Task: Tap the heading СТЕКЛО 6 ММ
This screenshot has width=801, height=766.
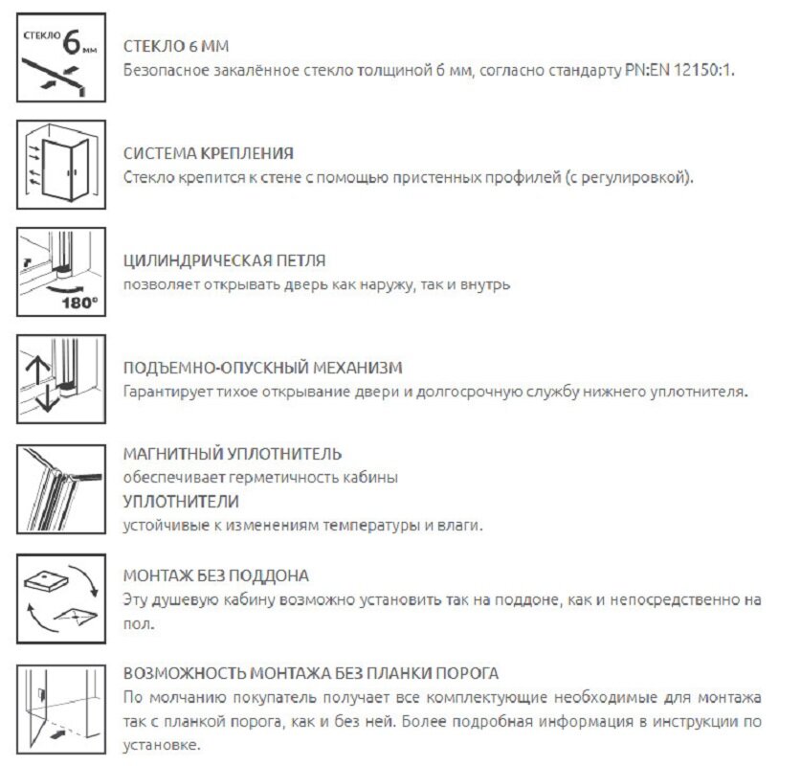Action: (177, 47)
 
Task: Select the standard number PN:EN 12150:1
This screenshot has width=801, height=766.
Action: (679, 71)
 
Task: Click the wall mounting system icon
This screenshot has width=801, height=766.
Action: (59, 166)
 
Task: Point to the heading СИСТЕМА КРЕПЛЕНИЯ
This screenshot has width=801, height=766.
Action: (209, 153)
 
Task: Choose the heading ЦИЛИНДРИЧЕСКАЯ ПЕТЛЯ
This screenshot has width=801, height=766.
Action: (225, 260)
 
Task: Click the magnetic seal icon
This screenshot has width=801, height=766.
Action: (59, 487)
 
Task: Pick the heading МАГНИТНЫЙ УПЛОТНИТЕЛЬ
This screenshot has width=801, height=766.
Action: (233, 453)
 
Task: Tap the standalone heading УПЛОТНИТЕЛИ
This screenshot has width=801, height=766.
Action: (181, 501)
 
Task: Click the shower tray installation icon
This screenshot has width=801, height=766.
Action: (59, 595)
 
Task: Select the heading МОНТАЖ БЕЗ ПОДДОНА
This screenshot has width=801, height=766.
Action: (216, 575)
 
